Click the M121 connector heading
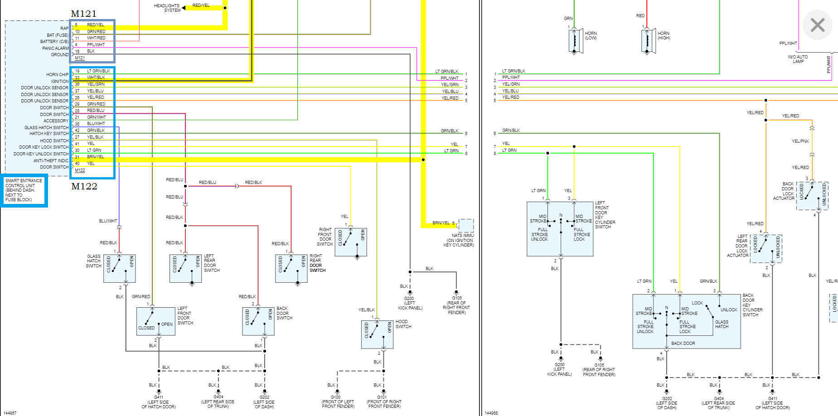tap(83, 14)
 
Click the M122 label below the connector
tap(84, 186)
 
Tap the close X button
tap(817, 25)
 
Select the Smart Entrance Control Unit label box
tap(24, 190)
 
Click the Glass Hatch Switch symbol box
tap(119, 268)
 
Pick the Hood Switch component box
tap(377, 334)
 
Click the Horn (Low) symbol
tap(574, 41)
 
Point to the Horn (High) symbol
tap(647, 41)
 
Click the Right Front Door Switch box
tap(350, 242)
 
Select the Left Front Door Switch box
tap(156, 321)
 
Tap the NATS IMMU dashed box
tap(466, 225)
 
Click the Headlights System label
tap(167, 8)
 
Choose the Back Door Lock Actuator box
tap(812, 196)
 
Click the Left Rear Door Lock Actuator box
tap(766, 249)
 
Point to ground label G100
tap(336, 397)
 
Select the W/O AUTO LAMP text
tap(798, 59)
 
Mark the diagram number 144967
tap(10, 413)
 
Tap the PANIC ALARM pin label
tap(55, 48)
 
